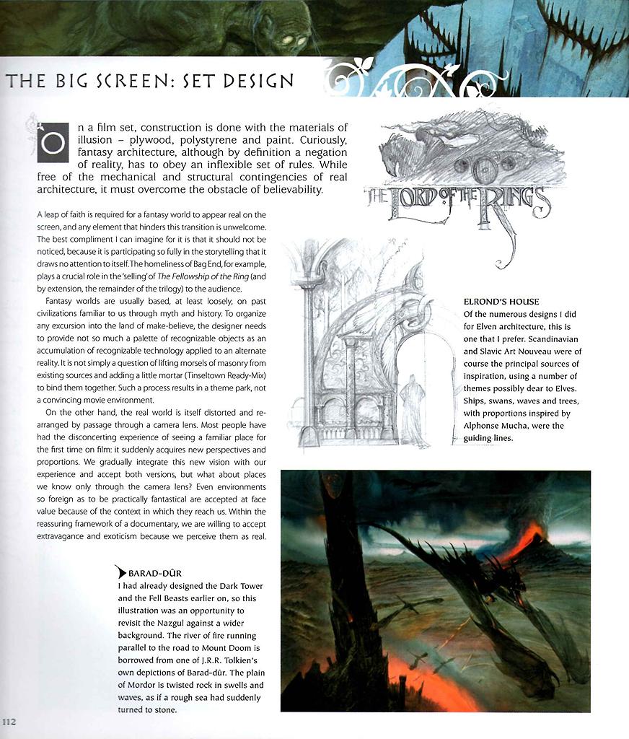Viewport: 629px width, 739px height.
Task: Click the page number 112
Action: coord(9,721)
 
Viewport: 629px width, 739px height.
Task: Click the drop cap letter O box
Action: coord(53,142)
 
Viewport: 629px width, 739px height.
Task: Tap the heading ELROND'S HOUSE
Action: coord(501,301)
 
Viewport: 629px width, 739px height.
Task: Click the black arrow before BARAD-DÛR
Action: coord(120,573)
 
